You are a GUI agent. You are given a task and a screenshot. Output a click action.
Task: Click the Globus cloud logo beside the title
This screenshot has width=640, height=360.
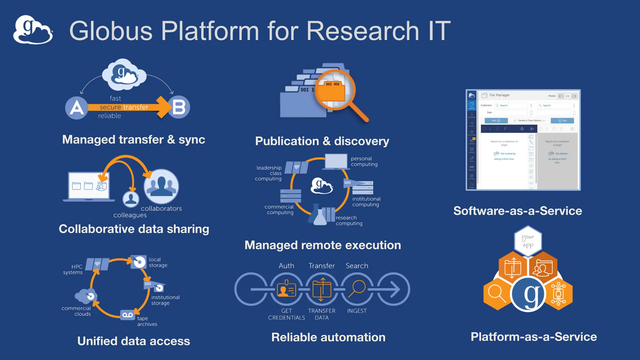coord(32,30)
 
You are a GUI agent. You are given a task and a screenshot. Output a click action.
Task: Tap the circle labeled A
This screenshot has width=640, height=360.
coord(77,108)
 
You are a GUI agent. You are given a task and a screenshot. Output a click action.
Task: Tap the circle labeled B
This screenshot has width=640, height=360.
coord(179,107)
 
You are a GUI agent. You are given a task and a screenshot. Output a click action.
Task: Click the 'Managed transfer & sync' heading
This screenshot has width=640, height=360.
coord(133,139)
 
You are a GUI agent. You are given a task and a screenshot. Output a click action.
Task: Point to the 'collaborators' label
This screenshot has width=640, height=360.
coord(161,208)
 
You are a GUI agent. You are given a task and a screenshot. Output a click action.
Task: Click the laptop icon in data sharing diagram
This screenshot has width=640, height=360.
coord(89,187)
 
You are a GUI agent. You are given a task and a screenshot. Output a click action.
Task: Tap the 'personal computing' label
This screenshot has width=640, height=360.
coord(364,161)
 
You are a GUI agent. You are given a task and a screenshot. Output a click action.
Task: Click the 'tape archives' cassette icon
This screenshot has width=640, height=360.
coord(127,315)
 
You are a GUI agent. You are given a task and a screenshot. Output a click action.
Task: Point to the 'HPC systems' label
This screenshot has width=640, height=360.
coord(73,269)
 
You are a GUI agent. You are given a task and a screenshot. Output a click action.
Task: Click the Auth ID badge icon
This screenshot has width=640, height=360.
coord(286,289)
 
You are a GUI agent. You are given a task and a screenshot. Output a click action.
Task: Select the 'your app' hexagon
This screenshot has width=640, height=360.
coord(528,241)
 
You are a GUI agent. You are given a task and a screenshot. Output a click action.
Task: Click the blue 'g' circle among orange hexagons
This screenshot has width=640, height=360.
coord(528,294)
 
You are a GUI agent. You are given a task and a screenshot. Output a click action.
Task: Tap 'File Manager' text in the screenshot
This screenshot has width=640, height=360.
coord(499,95)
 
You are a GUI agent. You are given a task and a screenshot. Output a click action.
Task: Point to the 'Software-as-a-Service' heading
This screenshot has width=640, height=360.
coord(517,211)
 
